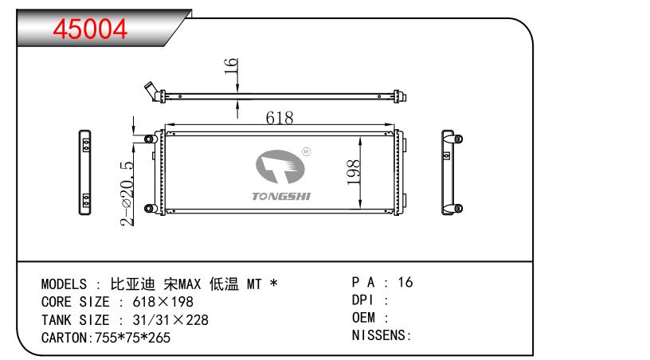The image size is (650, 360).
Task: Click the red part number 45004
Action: click(x=90, y=29)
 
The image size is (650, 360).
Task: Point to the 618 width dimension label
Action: click(x=280, y=118)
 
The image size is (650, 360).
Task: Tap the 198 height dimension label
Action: click(x=354, y=172)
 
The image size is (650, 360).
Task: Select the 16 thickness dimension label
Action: click(x=231, y=66)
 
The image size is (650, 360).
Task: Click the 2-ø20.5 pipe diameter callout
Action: click(x=127, y=194)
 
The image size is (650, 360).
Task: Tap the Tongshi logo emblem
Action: click(x=280, y=166)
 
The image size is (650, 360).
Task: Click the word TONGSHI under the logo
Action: click(x=281, y=197)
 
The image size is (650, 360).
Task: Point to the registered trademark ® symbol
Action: click(x=307, y=152)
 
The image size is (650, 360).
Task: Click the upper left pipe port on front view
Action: click(x=149, y=139)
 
